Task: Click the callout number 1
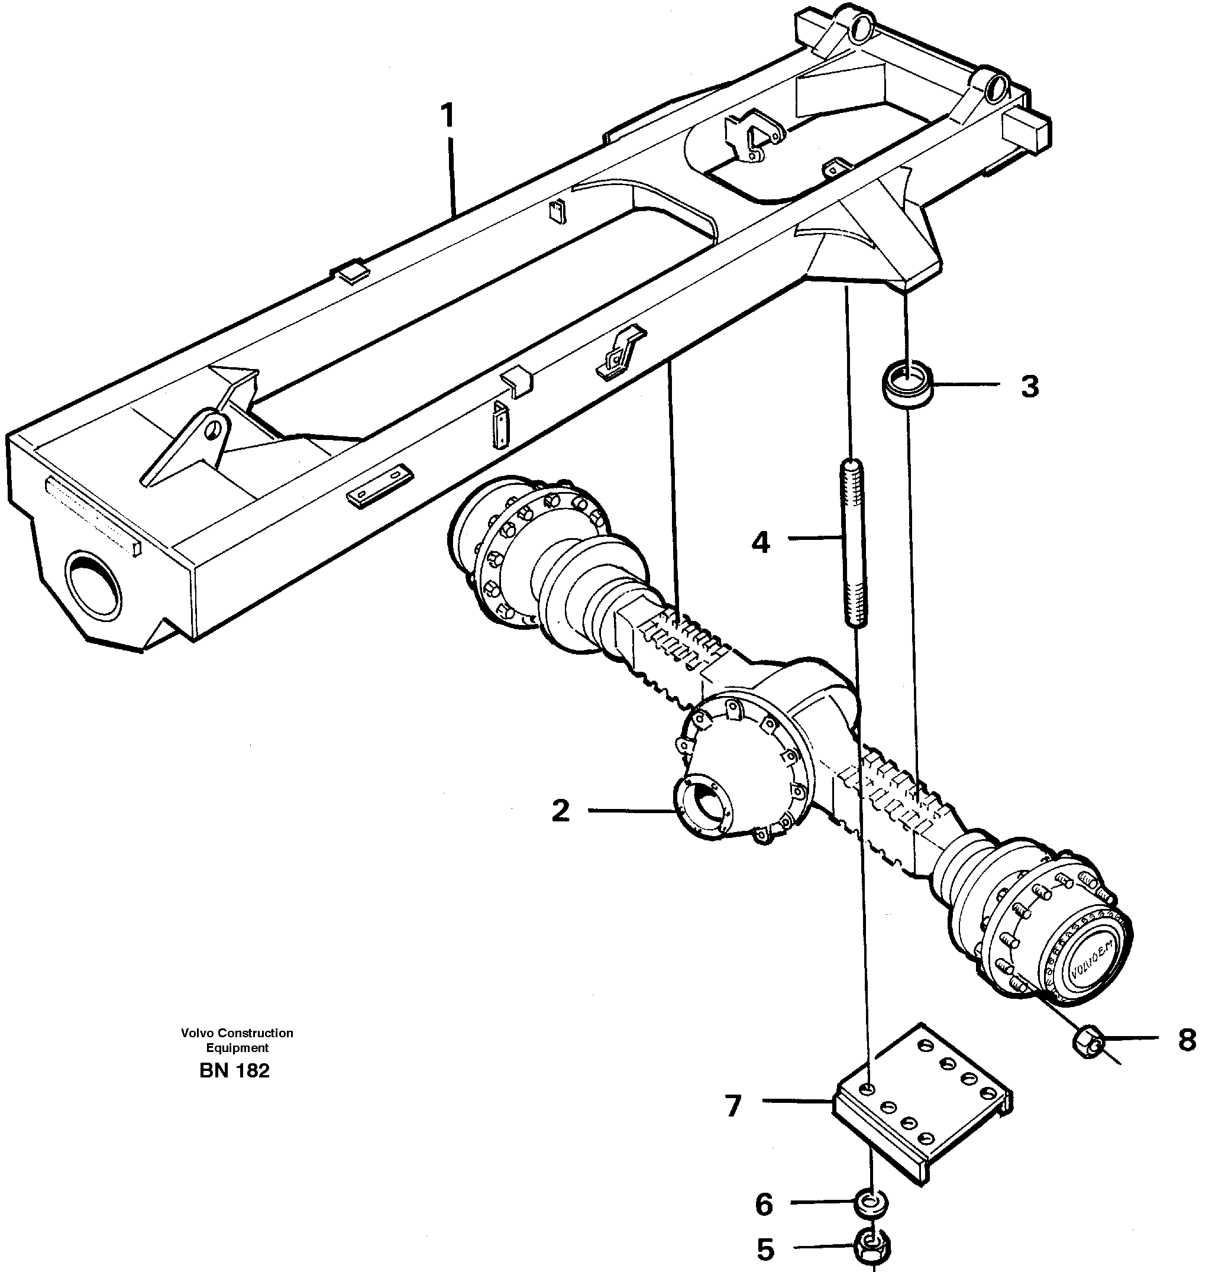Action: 447,117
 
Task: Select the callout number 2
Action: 560,811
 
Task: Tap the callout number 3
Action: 1030,386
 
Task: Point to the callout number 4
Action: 761,543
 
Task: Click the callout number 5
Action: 765,1250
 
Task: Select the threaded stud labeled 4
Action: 854,543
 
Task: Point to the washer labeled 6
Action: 871,1203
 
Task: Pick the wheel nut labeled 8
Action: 1088,1041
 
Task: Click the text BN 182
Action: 234,1071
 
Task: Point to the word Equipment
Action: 237,1048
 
